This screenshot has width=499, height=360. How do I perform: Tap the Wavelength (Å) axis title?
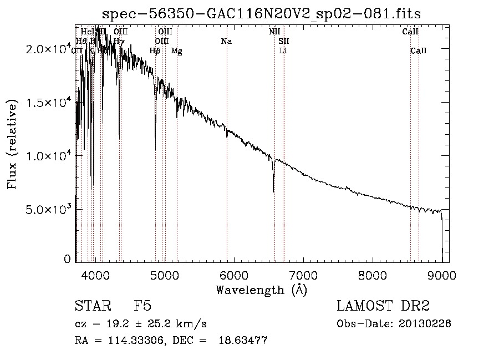click(x=261, y=290)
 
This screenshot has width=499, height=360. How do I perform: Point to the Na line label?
click(x=226, y=41)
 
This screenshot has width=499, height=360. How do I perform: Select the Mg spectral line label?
click(x=176, y=50)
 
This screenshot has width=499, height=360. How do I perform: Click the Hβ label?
click(x=155, y=50)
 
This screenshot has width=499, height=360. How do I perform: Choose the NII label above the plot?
click(x=274, y=32)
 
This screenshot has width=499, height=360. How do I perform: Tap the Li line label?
click(x=283, y=50)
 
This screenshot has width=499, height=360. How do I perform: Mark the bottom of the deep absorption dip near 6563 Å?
click(x=273, y=191)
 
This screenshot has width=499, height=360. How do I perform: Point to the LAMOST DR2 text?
click(x=383, y=306)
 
